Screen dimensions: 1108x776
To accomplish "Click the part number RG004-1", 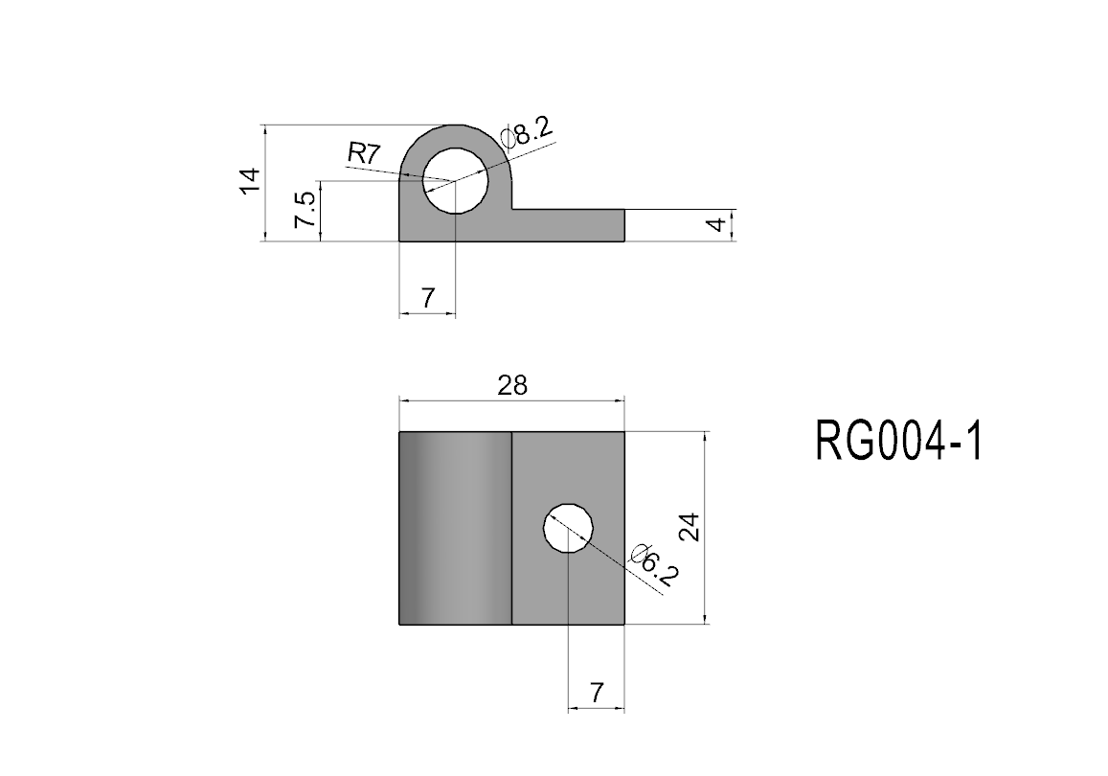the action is (x=899, y=441).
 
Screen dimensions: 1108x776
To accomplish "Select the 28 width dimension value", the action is (x=512, y=385).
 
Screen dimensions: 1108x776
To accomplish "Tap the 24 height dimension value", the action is (x=689, y=527).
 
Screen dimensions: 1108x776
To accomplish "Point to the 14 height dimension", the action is (x=250, y=181).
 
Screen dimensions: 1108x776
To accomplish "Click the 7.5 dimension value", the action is (x=305, y=210).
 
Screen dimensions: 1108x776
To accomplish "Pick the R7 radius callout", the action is (x=364, y=152).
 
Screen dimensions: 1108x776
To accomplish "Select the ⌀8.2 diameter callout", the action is (x=527, y=131).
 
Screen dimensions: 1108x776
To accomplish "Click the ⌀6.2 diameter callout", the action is (x=655, y=565).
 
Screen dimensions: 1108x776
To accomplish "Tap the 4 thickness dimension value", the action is (x=717, y=225).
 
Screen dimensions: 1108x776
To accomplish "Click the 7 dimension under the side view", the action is (x=428, y=299).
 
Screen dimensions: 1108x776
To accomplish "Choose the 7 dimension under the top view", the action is (x=598, y=693).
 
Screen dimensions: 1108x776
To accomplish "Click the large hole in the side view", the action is (x=456, y=181).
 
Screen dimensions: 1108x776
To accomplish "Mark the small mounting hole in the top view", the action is (x=568, y=529).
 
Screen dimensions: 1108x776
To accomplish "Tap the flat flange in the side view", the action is (x=568, y=225).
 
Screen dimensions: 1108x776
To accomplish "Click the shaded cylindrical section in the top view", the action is (x=455, y=528).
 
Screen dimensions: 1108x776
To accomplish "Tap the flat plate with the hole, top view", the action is (x=568, y=528).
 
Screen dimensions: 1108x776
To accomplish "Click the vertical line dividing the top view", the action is (x=511, y=528).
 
